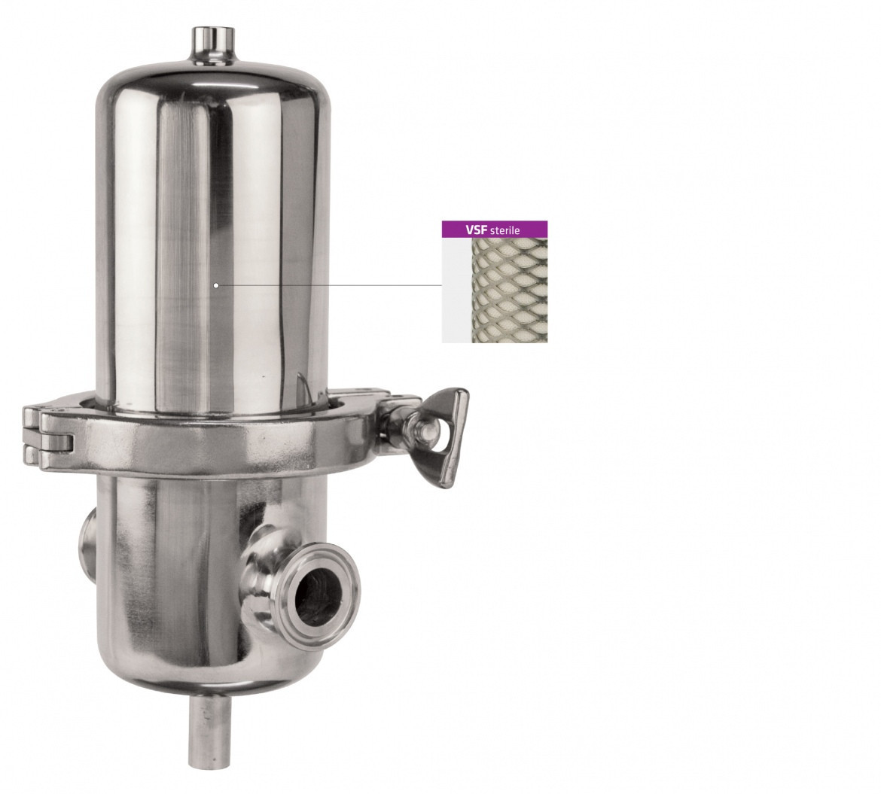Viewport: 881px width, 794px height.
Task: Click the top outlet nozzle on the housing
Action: point(212,44)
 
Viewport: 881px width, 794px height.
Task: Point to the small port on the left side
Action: point(87,538)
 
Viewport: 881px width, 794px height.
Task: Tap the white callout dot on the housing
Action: point(216,285)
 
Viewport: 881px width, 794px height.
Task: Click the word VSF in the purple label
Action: point(477,230)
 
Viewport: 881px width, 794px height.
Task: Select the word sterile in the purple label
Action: point(505,230)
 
